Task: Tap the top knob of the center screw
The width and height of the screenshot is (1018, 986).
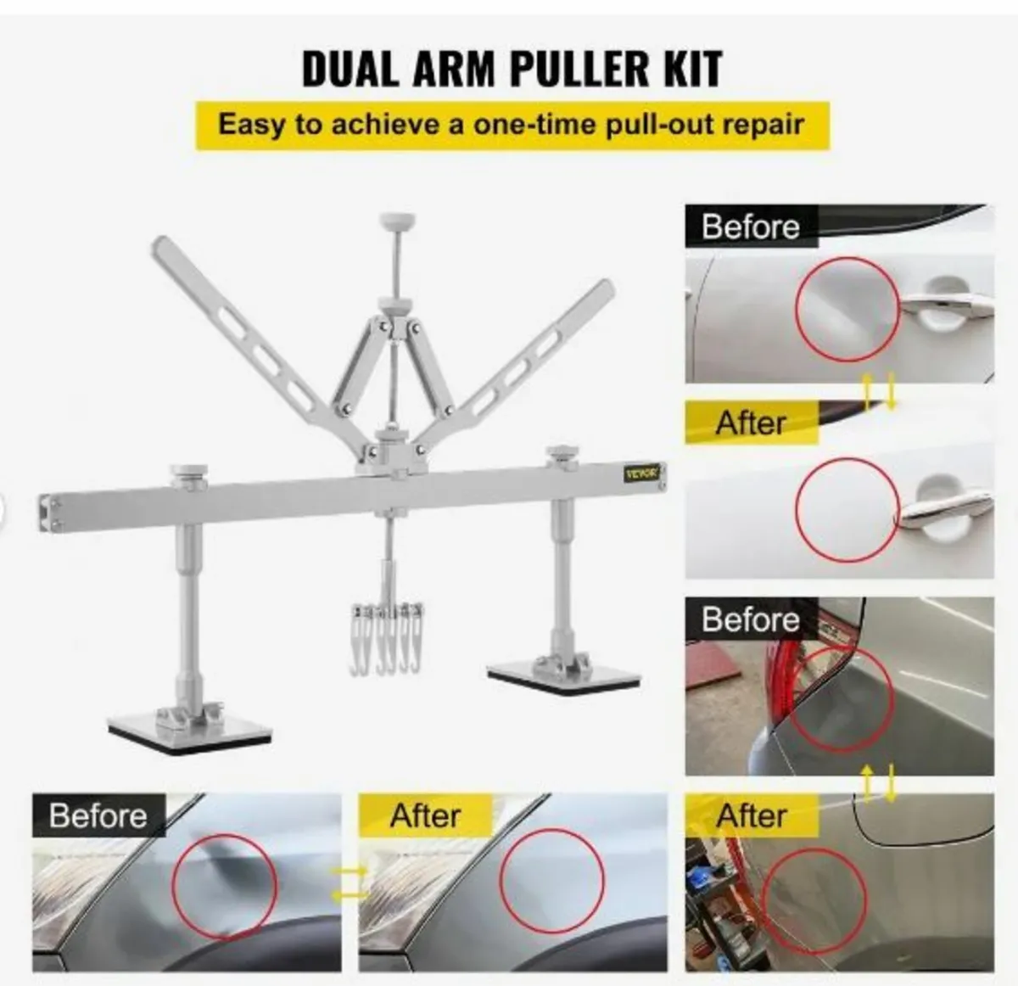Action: [x=397, y=219]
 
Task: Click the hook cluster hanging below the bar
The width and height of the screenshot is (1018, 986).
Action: [x=387, y=638]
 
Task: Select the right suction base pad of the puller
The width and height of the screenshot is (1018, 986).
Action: [x=564, y=676]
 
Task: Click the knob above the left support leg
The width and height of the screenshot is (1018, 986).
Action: [x=189, y=473]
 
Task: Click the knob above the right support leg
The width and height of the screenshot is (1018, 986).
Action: [x=562, y=452]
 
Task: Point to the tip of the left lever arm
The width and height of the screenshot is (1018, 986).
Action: [x=159, y=244]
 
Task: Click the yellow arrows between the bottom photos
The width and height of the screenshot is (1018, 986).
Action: [x=350, y=882]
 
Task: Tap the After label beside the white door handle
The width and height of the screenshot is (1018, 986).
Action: [x=751, y=423]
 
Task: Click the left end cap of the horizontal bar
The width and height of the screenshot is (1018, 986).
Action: [x=48, y=513]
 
